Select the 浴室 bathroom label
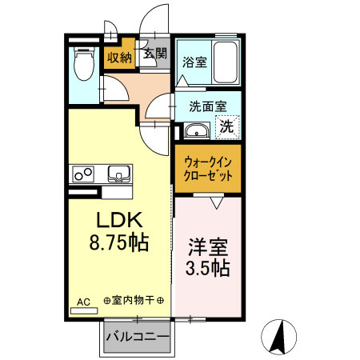point(194,62)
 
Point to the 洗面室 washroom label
point(207,106)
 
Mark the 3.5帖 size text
point(208,269)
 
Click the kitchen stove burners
point(83,174)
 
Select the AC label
point(83,302)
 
